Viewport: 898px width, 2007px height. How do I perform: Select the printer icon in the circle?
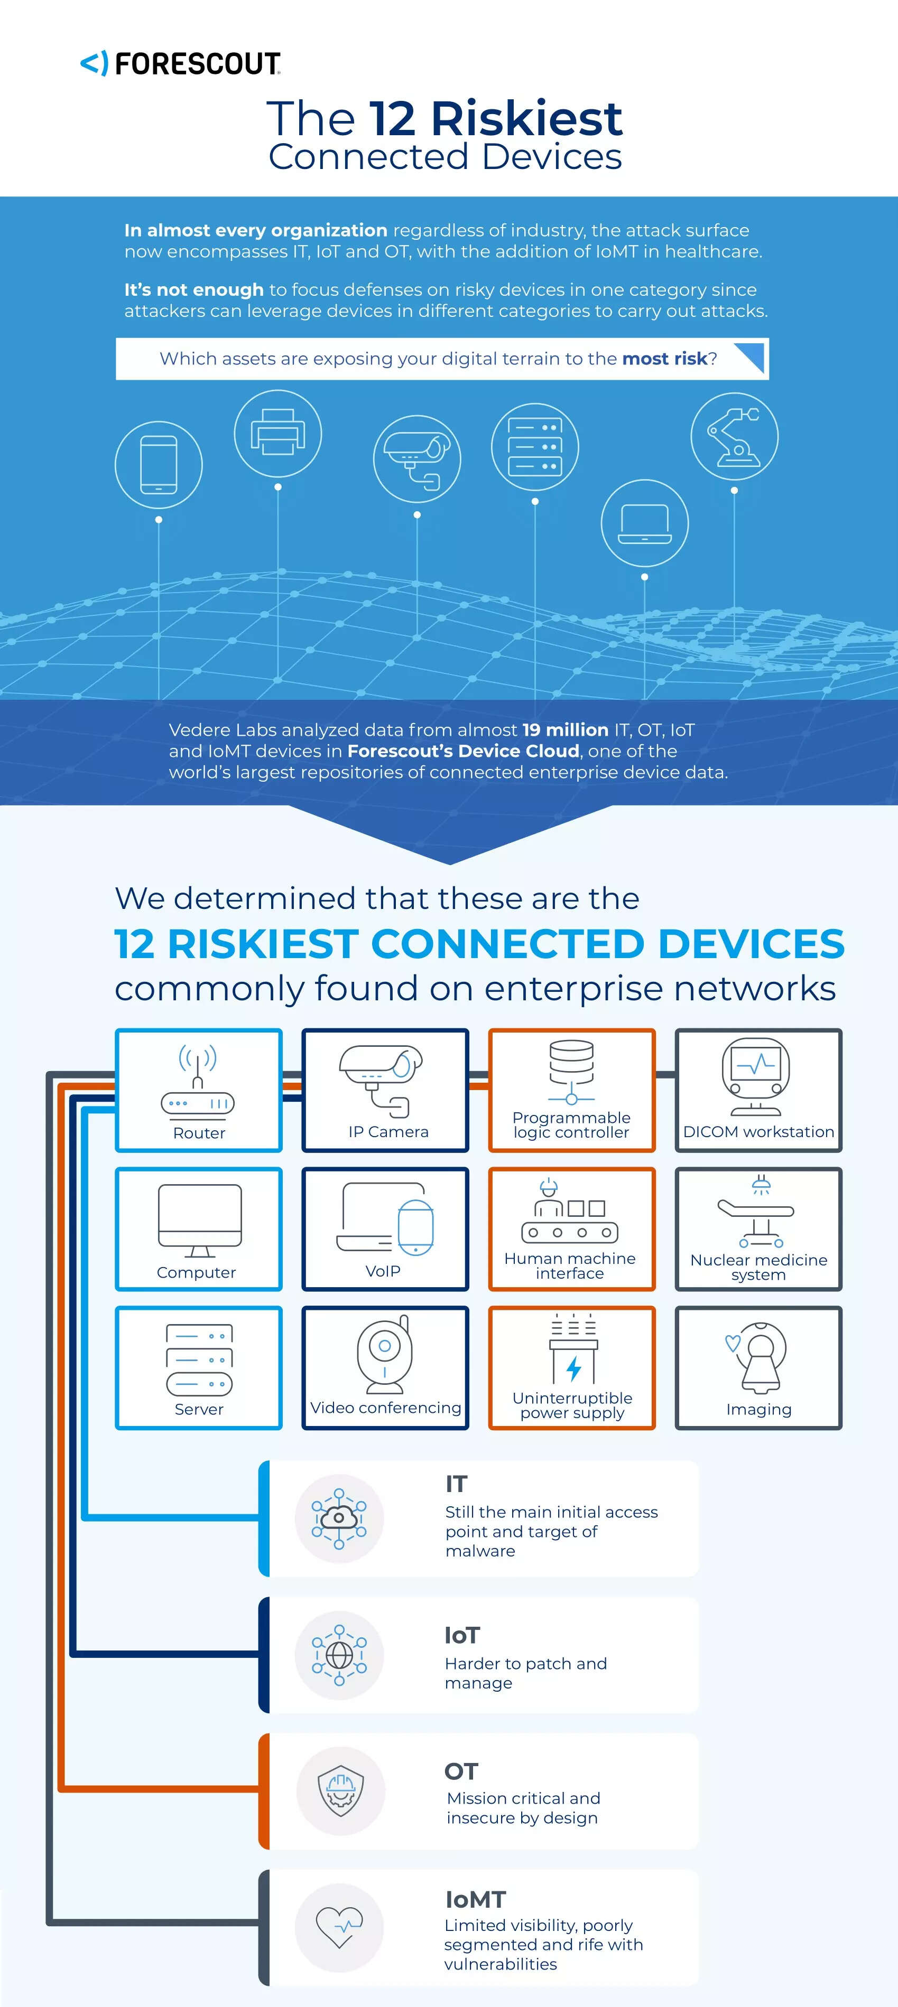277,433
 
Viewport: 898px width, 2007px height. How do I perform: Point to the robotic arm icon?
734,436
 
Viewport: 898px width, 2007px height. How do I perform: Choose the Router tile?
199,1090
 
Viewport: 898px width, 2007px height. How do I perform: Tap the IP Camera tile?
386,1090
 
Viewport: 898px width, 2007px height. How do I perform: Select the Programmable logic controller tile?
571,1090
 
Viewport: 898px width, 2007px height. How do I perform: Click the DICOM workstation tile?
758,1090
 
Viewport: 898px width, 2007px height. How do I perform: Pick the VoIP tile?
386,1228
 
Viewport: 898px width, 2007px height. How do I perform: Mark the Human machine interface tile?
571,1228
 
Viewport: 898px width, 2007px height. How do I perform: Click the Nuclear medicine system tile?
758,1228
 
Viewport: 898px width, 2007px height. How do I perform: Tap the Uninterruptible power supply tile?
571,1368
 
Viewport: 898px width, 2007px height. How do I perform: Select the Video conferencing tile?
386,1368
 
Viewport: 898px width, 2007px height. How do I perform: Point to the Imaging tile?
758,1368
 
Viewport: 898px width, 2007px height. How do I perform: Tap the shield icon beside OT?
340,1791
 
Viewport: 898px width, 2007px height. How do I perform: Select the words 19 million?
565,730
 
